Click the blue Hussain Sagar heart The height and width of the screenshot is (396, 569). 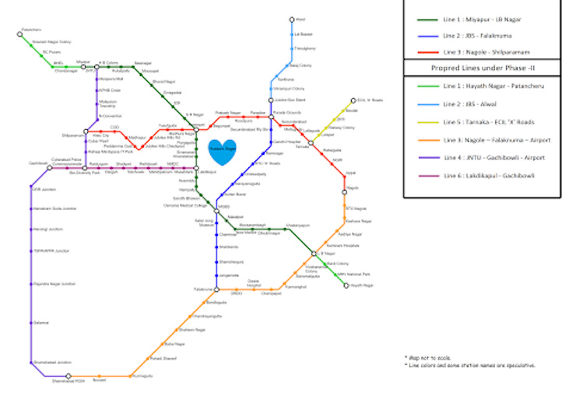tap(221, 150)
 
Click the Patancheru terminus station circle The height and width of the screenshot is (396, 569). tap(20, 33)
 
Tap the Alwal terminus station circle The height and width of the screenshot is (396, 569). tap(292, 19)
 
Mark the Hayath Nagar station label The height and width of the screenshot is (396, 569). tap(363, 286)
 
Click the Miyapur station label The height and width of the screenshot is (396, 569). tap(83, 61)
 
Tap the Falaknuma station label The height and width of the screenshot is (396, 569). tap(205, 289)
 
